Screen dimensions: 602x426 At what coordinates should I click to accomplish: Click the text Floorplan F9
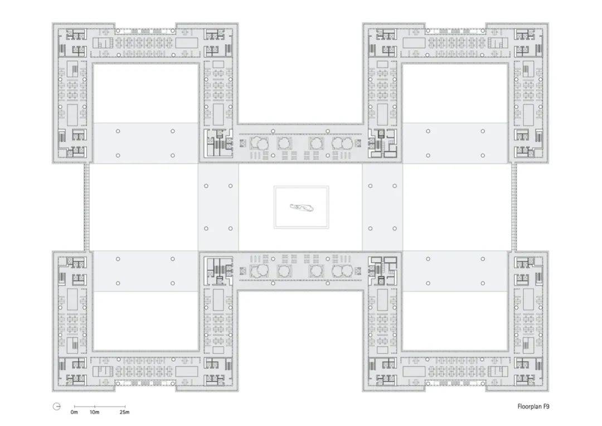(x=533, y=406)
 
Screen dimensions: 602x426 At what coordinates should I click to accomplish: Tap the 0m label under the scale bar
(x=74, y=412)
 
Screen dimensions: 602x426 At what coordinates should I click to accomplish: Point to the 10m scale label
(x=94, y=412)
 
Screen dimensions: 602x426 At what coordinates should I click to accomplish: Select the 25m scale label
(x=124, y=412)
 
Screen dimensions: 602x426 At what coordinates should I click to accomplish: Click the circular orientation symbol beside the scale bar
(x=57, y=406)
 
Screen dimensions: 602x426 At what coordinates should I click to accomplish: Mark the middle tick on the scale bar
(x=94, y=406)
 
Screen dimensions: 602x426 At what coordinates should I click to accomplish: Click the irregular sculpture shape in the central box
(x=302, y=207)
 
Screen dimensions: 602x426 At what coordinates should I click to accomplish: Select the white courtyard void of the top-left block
(x=146, y=93)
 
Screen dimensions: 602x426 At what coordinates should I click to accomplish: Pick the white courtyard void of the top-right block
(x=455, y=93)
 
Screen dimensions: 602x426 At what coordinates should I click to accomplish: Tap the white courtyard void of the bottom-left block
(x=146, y=321)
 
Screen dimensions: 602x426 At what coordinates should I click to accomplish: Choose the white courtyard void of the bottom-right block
(x=455, y=321)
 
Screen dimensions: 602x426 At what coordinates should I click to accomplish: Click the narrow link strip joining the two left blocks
(x=87, y=207)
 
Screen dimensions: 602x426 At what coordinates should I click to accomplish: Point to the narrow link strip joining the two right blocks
(x=514, y=207)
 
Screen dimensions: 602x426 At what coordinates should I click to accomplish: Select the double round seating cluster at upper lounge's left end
(x=259, y=143)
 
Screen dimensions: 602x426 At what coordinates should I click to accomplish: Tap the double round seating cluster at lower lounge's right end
(x=342, y=271)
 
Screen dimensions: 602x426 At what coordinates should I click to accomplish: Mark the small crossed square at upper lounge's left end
(x=242, y=143)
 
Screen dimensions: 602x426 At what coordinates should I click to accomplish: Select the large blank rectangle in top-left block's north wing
(x=187, y=42)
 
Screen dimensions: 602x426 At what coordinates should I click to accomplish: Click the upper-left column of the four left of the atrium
(x=206, y=186)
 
